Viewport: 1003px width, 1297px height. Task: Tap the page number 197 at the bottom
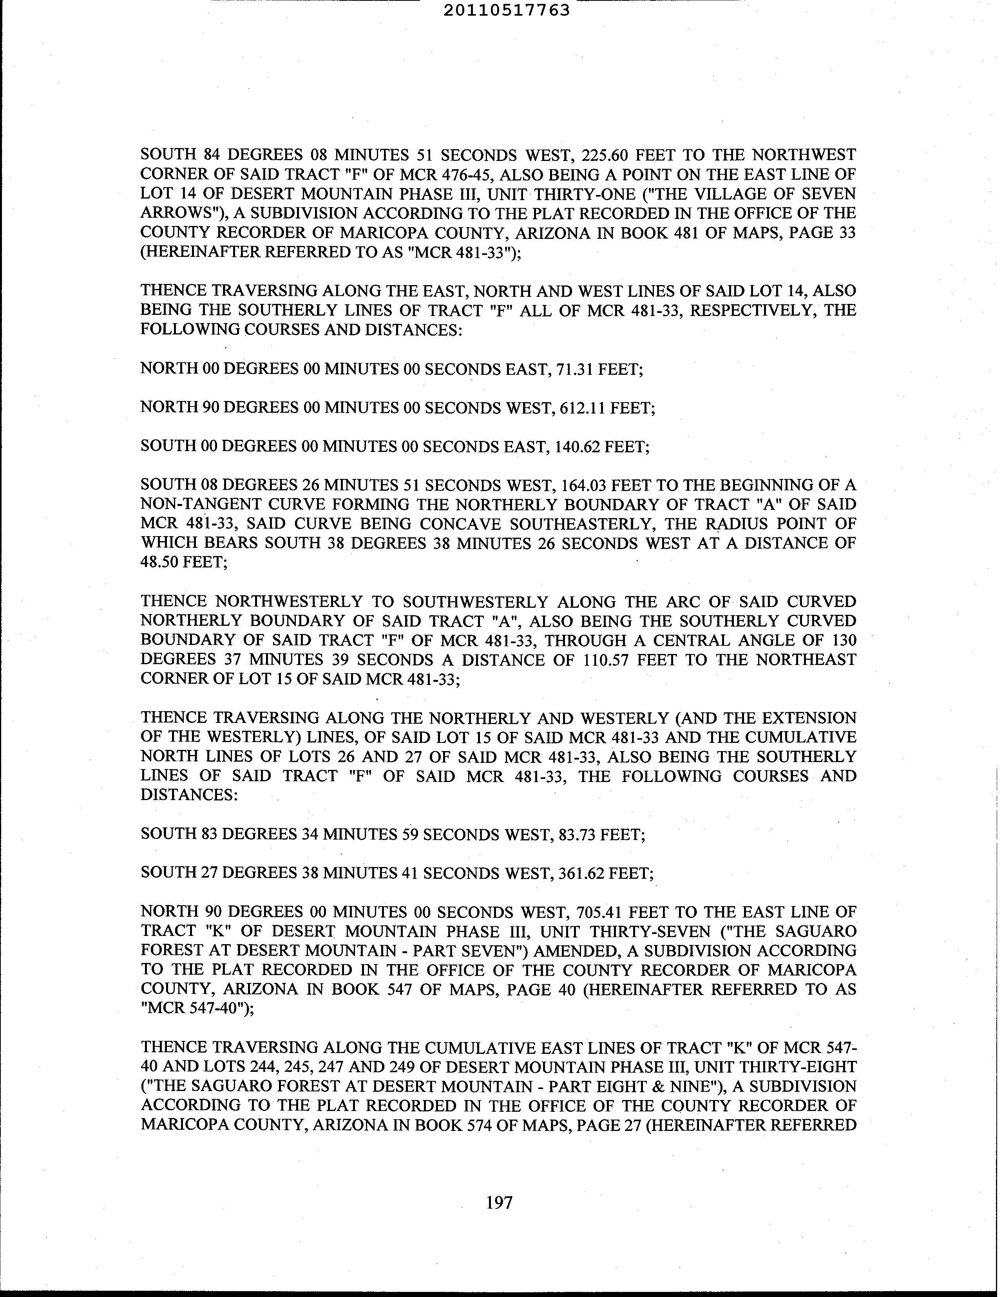499,1203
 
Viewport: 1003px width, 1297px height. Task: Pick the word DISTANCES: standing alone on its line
189,795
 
